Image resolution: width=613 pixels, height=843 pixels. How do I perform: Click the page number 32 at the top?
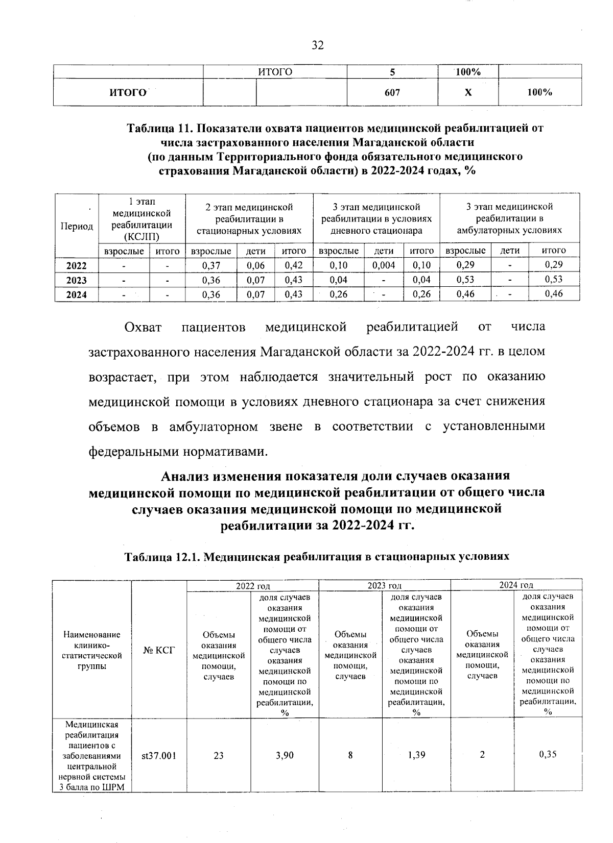click(317, 46)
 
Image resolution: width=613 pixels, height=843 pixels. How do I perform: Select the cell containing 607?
click(392, 92)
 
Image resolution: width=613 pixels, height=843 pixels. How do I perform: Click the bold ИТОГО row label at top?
click(128, 92)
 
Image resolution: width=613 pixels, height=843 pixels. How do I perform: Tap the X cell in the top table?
click(467, 92)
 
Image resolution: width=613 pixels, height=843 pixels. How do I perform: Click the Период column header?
click(77, 226)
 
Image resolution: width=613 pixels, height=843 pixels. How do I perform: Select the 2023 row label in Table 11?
click(77, 280)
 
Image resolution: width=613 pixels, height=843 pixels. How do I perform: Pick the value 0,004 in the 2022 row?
click(384, 265)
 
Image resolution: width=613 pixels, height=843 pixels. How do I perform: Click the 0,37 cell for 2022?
click(211, 265)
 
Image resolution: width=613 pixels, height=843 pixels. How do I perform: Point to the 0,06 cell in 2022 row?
click(255, 265)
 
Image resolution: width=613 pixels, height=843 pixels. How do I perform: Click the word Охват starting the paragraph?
click(143, 327)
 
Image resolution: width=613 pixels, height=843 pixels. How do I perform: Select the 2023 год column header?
click(385, 585)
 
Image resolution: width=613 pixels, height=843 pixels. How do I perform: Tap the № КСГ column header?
click(159, 650)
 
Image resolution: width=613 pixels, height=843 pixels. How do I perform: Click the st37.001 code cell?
click(159, 756)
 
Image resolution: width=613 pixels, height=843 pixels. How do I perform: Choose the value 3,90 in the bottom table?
click(285, 756)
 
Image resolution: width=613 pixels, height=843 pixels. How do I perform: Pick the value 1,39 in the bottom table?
click(416, 755)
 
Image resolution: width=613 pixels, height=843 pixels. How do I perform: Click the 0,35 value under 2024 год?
click(548, 755)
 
